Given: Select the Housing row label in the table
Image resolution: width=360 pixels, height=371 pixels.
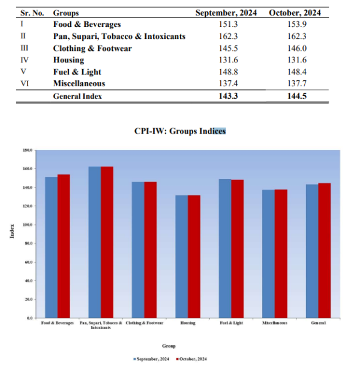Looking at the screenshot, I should (x=68, y=60).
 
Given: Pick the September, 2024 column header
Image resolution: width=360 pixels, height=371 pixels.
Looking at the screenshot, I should (x=225, y=13).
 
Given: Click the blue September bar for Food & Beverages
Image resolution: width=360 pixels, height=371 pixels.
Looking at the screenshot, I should (x=51, y=247).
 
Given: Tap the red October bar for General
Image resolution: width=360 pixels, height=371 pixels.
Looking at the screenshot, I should (x=324, y=250).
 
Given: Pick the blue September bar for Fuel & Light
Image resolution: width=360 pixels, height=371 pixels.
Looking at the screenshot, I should (x=225, y=248).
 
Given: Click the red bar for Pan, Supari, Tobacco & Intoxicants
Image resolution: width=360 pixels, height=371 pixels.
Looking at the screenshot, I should (x=107, y=242).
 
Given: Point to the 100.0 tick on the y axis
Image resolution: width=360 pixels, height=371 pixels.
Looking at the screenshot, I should (x=28, y=225).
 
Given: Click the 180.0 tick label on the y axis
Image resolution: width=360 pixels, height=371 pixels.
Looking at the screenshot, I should (x=28, y=150).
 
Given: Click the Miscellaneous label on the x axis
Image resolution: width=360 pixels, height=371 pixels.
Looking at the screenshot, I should (x=275, y=323).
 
